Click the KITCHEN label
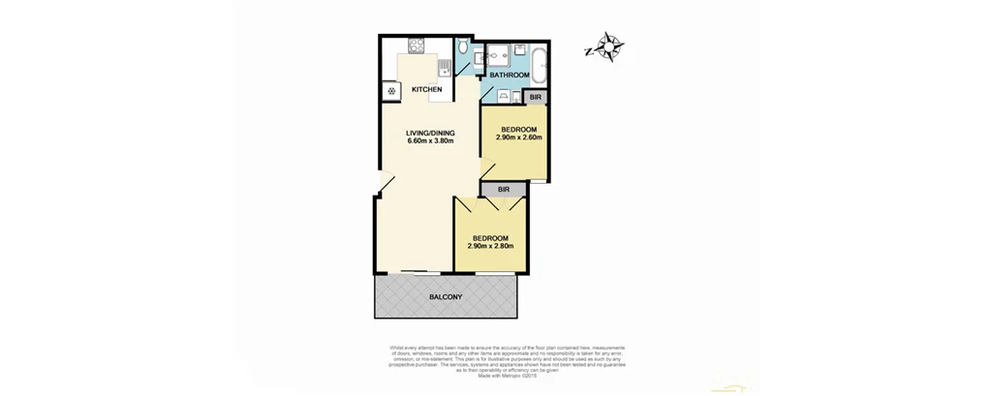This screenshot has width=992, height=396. (427, 90)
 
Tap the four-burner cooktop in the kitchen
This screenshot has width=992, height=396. (418, 45)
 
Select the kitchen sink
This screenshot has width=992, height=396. (444, 67)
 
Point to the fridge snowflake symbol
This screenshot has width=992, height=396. (391, 92)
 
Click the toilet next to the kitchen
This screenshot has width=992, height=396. (464, 47)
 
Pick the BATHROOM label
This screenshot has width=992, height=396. (510, 76)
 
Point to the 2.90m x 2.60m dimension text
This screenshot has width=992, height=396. (518, 137)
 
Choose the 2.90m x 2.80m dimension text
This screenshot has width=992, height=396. (489, 247)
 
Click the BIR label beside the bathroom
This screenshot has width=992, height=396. (536, 97)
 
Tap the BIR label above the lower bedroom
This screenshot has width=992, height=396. (503, 190)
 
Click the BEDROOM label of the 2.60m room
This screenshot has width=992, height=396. (518, 129)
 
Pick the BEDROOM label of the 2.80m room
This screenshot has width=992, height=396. (489, 238)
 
